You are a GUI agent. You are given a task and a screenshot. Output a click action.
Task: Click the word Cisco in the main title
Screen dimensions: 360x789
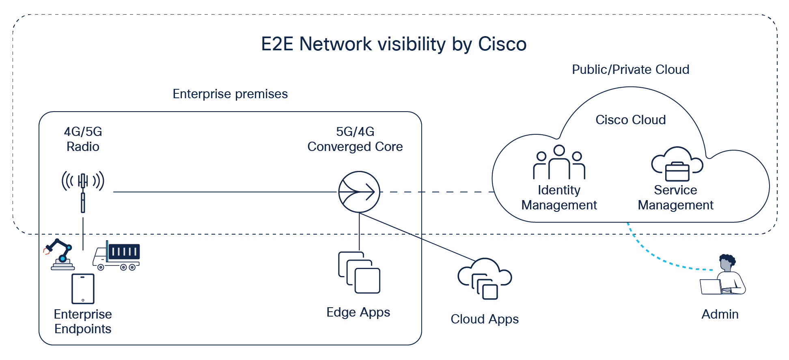[502, 44]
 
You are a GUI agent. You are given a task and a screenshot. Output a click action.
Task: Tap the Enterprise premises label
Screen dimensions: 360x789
[230, 94]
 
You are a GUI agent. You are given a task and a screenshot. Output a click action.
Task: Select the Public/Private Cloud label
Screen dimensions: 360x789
[630, 69]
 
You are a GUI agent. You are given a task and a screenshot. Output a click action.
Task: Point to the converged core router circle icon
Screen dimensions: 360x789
[359, 192]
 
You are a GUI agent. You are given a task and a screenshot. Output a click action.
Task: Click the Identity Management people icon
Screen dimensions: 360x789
[559, 162]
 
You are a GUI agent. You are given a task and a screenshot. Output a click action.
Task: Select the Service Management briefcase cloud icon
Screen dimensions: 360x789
[677, 164]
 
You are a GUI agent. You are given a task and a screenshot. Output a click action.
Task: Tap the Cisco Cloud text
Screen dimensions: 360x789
[630, 120]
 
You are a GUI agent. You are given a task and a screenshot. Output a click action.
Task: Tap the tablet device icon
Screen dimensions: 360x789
[83, 289]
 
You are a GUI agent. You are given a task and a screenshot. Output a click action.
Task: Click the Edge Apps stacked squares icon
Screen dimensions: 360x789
[359, 272]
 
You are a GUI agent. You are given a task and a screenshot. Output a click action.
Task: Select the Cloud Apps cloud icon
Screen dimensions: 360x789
[485, 279]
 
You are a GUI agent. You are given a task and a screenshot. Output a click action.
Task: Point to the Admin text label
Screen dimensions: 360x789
[720, 314]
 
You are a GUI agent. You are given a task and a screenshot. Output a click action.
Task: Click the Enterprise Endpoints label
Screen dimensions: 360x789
[83, 321]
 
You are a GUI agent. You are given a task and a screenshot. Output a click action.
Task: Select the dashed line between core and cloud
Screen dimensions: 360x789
[436, 192]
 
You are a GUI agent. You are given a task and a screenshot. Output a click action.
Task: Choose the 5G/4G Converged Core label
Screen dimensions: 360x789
[355, 139]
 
